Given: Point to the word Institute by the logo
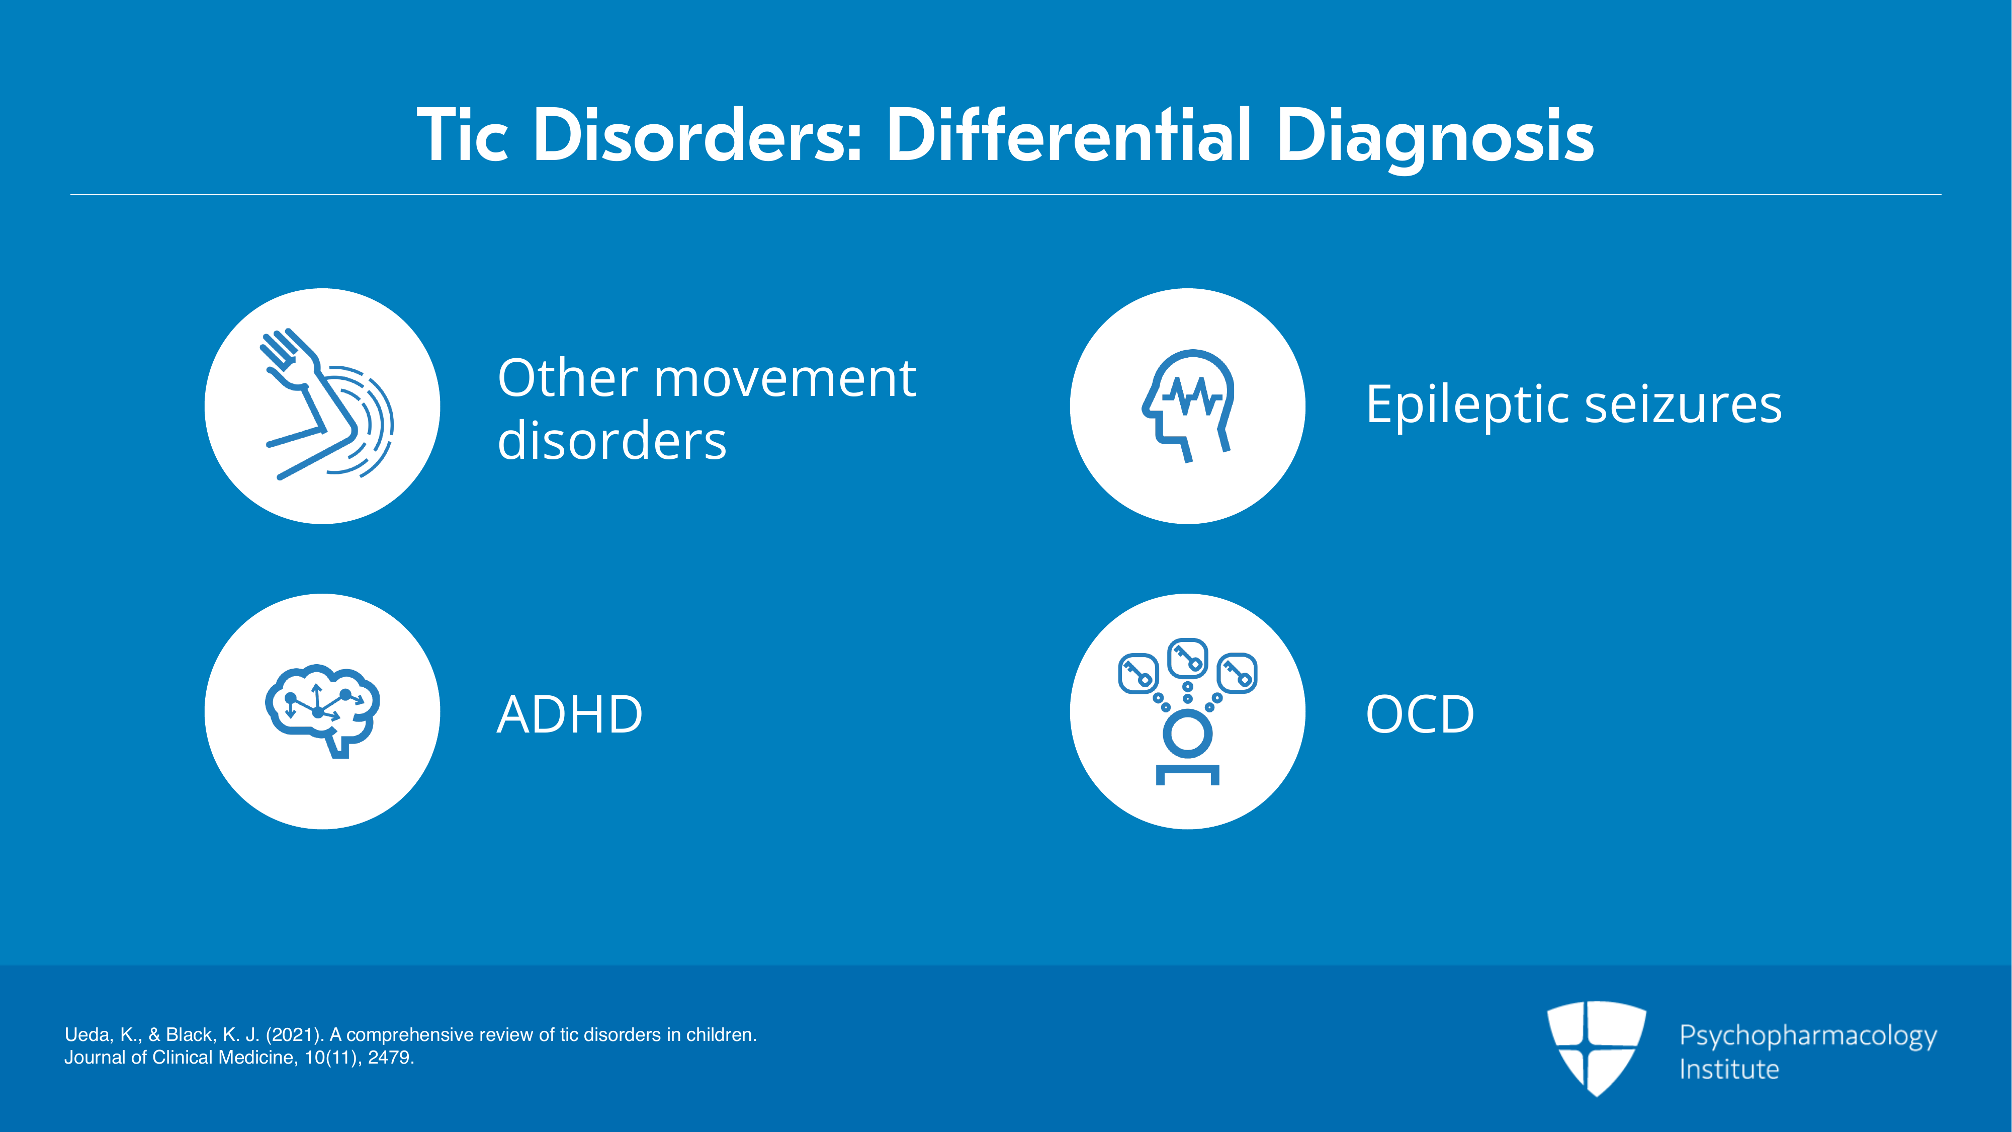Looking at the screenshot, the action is point(1729,1069).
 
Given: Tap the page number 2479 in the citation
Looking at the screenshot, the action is point(388,1058).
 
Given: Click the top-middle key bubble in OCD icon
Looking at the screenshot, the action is point(1187,658).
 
